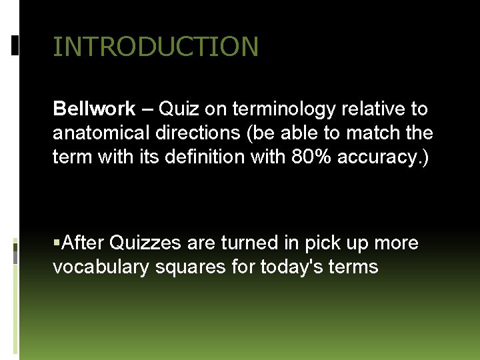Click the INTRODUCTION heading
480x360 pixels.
(x=155, y=47)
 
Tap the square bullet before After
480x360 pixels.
(x=57, y=243)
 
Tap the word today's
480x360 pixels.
(x=291, y=267)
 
